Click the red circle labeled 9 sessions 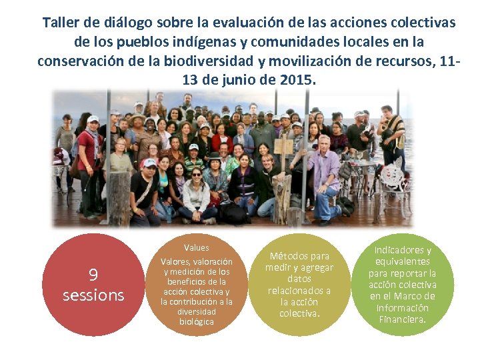click(93, 285)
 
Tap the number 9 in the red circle click(93, 275)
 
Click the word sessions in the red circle click(93, 295)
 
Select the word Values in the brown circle click(197, 247)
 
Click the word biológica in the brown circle click(197, 321)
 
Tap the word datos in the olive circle click(299, 279)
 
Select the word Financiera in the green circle click(401, 319)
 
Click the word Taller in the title click(59, 23)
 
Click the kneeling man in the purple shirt click(325, 177)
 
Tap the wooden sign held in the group click(284, 146)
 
